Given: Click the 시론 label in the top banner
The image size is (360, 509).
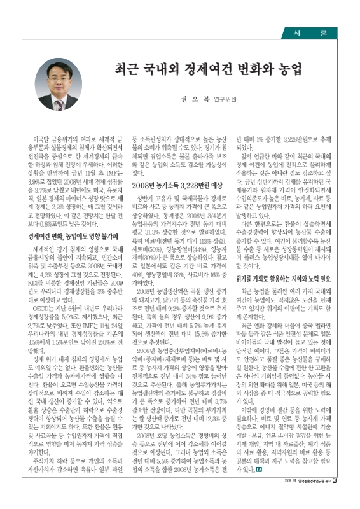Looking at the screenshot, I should [315, 32].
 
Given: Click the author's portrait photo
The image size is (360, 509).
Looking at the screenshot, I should [59, 84].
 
